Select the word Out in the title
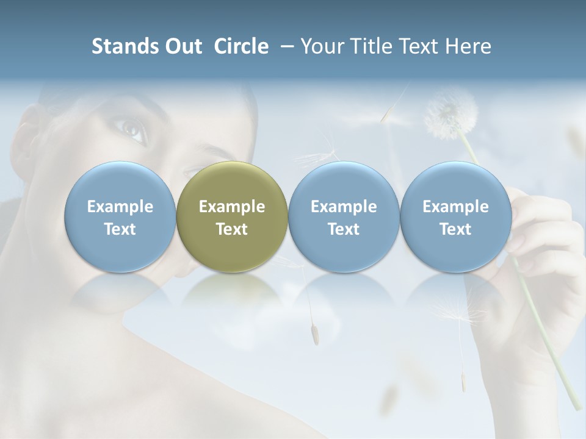[183, 46]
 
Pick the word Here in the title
[468, 46]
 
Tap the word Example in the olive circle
[232, 207]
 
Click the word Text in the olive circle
[232, 229]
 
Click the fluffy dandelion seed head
[450, 113]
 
